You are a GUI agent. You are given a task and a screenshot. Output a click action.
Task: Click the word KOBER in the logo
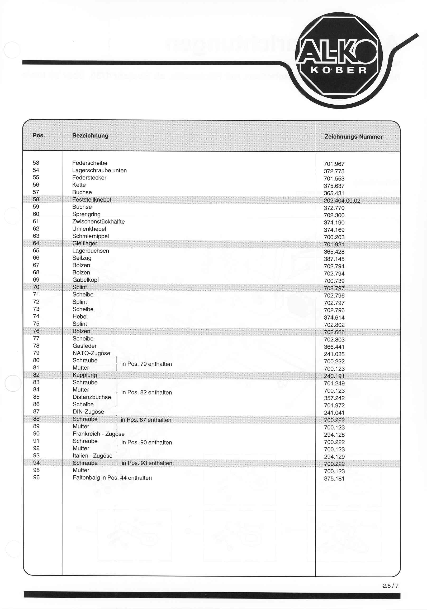pyautogui.click(x=339, y=70)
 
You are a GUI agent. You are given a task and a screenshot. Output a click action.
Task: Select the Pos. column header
pyautogui.click(x=39, y=135)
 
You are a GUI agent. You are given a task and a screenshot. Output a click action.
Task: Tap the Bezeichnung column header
pyautogui.click(x=90, y=136)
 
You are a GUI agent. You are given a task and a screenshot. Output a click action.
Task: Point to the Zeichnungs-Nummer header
pyautogui.click(x=353, y=137)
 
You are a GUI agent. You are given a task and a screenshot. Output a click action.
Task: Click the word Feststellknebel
pyautogui.click(x=92, y=200)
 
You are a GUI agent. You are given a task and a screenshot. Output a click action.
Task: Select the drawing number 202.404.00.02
pyautogui.click(x=342, y=201)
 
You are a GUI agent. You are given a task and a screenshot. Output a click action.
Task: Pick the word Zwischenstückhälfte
pyautogui.click(x=98, y=222)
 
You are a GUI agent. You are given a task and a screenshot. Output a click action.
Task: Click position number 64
pyautogui.click(x=36, y=243)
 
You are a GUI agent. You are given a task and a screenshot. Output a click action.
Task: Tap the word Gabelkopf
pyautogui.click(x=86, y=280)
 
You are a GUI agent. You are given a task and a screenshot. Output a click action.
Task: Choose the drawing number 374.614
pyautogui.click(x=334, y=318)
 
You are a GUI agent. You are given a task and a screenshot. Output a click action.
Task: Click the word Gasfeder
pyautogui.click(x=85, y=346)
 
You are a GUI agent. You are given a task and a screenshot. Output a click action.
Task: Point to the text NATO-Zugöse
pyautogui.click(x=91, y=353)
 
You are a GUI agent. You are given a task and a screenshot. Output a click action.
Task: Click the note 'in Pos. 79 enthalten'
pyautogui.click(x=146, y=364)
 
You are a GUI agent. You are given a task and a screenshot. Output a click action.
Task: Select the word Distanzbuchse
pyautogui.click(x=92, y=397)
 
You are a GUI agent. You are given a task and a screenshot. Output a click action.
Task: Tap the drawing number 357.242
pyautogui.click(x=334, y=398)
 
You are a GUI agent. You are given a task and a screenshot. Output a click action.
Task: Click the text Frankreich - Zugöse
pyautogui.click(x=98, y=434)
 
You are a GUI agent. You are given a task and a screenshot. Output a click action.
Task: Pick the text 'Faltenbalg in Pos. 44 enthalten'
pyautogui.click(x=112, y=478)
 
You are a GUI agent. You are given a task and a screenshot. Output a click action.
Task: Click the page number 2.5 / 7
pyautogui.click(x=390, y=586)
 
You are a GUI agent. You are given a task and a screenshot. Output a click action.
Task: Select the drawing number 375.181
pyautogui.click(x=334, y=479)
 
